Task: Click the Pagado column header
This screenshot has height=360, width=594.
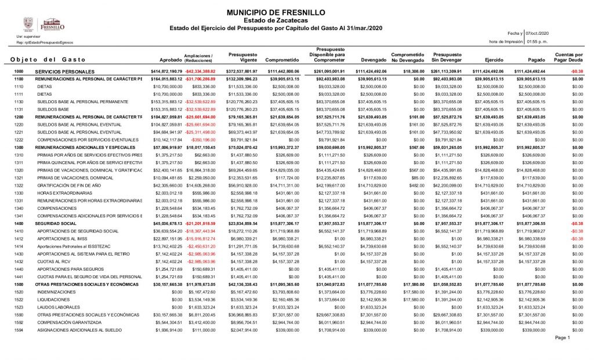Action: coord(537,60)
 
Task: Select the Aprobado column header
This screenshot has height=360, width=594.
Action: coord(171,60)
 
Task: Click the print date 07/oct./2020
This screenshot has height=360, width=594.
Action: coord(537,34)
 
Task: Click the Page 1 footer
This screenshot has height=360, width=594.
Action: coord(563,337)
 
